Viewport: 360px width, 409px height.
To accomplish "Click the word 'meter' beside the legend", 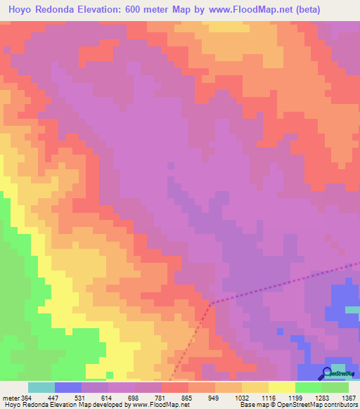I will (11, 398).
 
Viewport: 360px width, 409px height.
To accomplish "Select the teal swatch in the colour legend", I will (41, 387).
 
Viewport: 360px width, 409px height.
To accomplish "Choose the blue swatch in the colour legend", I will (68, 387).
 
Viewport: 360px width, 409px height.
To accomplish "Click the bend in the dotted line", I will (212, 304).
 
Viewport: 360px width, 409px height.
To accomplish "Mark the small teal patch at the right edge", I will (353, 309).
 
